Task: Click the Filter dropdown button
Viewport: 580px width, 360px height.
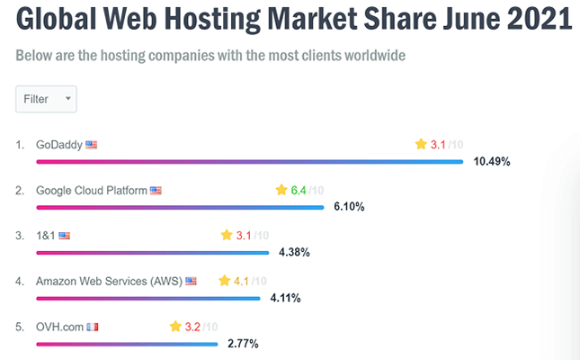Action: click(46, 99)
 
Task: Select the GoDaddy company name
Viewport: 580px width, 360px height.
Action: click(59, 144)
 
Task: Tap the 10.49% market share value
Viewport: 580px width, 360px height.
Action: click(492, 162)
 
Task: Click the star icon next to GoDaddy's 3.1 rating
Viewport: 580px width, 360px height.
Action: click(420, 144)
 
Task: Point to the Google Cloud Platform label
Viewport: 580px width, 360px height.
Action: click(91, 191)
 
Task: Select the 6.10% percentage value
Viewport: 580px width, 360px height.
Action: click(349, 207)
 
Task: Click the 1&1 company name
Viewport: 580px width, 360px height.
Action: click(45, 236)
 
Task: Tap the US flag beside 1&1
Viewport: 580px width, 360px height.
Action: click(64, 236)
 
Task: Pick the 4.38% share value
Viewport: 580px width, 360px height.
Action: click(294, 253)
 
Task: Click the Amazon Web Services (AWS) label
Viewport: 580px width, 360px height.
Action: click(109, 281)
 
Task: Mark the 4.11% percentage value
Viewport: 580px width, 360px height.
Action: click(285, 298)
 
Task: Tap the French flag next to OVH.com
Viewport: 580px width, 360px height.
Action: click(92, 327)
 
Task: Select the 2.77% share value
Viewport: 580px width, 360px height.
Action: click(243, 344)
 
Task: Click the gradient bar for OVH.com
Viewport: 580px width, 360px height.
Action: click(126, 343)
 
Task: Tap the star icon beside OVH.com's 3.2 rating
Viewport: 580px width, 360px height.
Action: click(175, 327)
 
